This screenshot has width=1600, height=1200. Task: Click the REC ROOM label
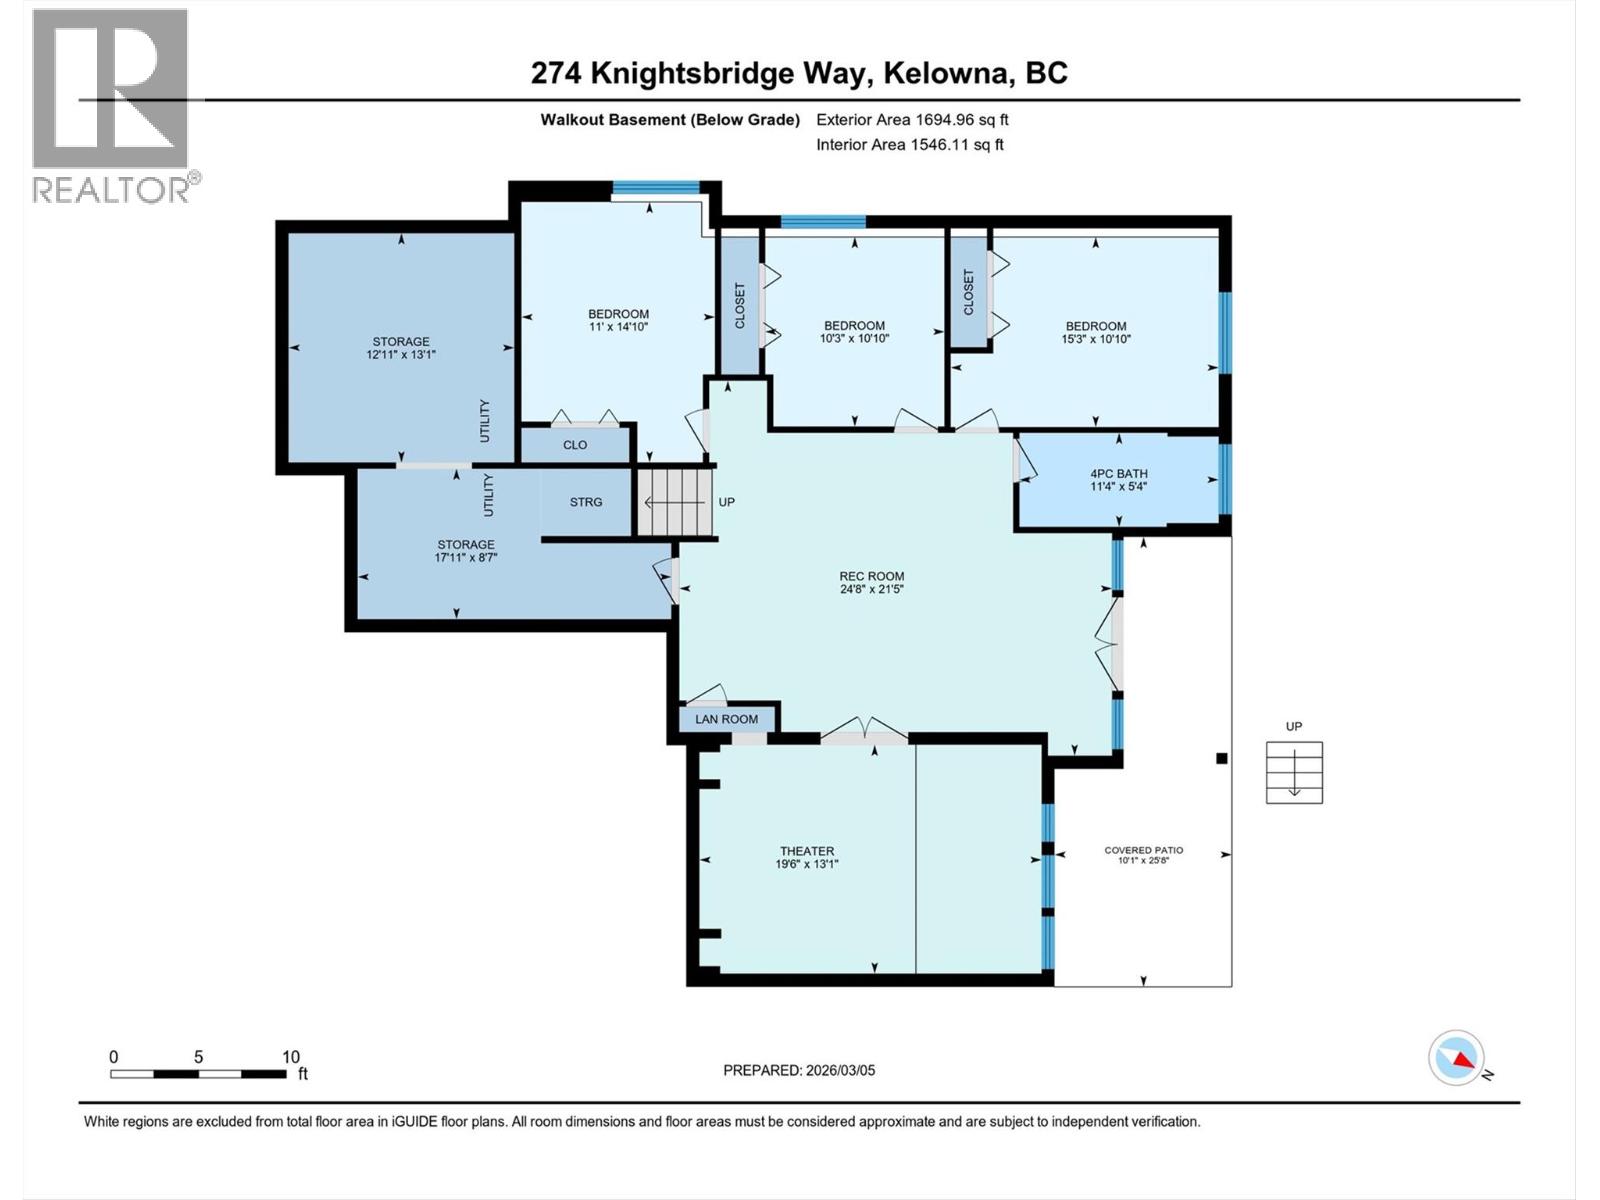tap(871, 576)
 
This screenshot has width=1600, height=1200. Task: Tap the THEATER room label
tap(806, 851)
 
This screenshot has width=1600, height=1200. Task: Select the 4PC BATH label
tap(1118, 474)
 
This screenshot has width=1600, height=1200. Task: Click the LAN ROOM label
tap(726, 719)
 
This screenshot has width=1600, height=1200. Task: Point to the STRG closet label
tap(586, 502)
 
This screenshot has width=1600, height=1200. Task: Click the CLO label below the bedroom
tap(575, 445)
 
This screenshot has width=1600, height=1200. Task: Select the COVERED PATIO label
tap(1143, 850)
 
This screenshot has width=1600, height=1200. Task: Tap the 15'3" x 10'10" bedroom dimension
tap(1096, 339)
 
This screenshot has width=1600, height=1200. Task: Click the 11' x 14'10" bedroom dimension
tap(618, 327)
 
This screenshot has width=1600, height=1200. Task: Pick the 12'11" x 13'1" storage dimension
tap(401, 354)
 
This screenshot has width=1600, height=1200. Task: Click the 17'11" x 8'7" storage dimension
tap(465, 558)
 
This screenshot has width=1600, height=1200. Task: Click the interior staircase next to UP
tap(674, 502)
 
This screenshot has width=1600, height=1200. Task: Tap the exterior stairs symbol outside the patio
tap(1294, 772)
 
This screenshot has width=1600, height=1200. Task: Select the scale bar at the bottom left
tap(198, 1074)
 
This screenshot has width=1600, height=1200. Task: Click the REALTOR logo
tap(111, 105)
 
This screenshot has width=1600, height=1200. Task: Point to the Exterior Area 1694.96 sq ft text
tap(911, 119)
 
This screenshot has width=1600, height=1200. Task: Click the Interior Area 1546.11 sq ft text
tap(909, 144)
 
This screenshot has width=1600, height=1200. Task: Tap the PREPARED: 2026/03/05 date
tap(798, 1070)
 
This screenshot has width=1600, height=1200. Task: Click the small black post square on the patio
tap(1221, 759)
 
